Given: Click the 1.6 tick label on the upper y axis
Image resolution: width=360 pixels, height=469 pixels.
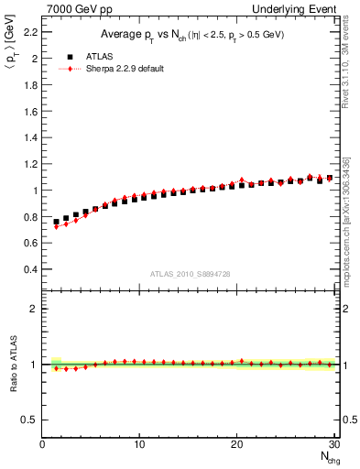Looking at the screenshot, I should point(29,112).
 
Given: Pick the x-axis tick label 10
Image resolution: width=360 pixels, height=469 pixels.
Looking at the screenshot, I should point(139,445).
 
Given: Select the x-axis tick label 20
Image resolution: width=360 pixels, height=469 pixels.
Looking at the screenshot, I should point(237,445).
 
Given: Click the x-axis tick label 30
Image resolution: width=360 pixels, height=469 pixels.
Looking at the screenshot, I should point(334,445).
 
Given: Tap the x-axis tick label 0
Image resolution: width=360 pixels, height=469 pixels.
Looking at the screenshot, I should point(42,445).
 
